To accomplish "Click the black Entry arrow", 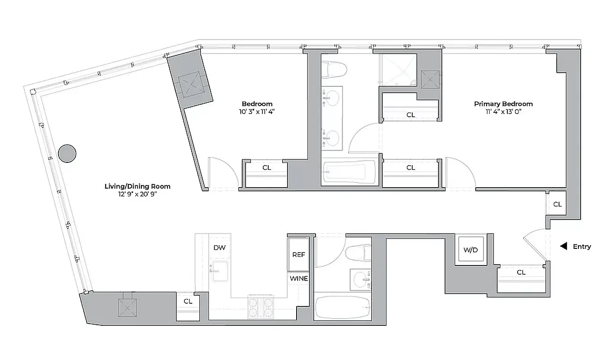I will click(563, 247).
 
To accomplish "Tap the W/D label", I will click(470, 250).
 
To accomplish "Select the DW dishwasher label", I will click(219, 248).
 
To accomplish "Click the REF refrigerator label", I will click(298, 255).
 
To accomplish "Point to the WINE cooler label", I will click(298, 279).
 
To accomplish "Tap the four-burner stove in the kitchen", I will click(261, 307).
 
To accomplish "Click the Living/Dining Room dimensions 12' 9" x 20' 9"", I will click(137, 194).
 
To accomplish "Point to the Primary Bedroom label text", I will click(503, 104).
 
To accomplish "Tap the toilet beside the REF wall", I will click(360, 253).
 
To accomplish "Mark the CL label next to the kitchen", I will click(188, 301).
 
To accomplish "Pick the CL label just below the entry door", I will click(521, 273).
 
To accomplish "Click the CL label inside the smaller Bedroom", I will click(266, 168).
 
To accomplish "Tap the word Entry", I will click(582, 247).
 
